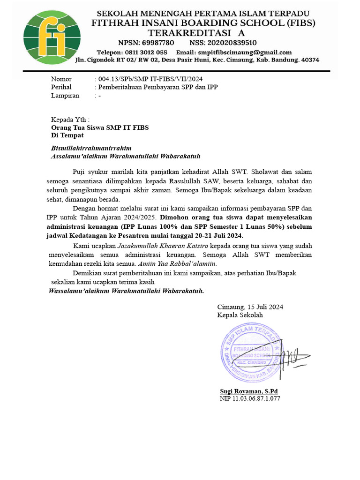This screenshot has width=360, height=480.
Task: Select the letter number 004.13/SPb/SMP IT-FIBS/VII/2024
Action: [150, 79]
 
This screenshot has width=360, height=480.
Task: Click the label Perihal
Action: [61, 87]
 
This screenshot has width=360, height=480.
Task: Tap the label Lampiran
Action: [65, 96]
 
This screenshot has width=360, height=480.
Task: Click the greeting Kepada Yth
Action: [70, 119]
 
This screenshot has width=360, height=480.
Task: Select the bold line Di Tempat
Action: [67, 135]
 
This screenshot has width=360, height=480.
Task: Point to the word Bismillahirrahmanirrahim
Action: [91, 148]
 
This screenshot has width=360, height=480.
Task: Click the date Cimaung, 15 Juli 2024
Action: [250, 307]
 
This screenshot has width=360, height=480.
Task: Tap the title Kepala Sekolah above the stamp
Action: [240, 315]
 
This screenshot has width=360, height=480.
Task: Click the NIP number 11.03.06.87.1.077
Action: [250, 399]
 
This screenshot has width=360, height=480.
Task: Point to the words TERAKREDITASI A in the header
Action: [196, 33]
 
